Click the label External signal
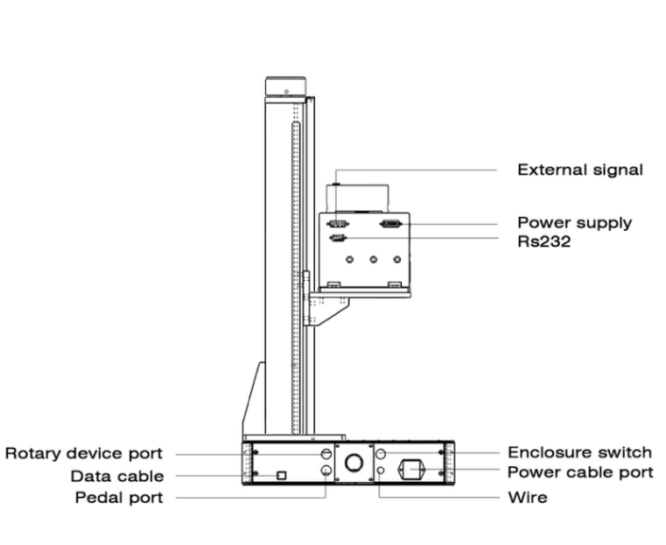click(x=579, y=170)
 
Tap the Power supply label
click(x=574, y=223)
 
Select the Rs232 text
click(x=543, y=241)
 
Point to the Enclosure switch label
click(x=579, y=452)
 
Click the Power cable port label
click(x=580, y=472)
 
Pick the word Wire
click(x=528, y=498)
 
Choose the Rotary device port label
click(x=84, y=453)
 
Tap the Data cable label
click(x=117, y=477)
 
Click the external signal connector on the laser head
click(x=339, y=225)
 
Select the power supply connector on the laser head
click(x=390, y=225)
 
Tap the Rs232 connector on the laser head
click(x=338, y=237)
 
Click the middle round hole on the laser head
click(x=374, y=260)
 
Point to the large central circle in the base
click(x=354, y=463)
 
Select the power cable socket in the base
click(x=411, y=471)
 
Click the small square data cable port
click(x=280, y=475)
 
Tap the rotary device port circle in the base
click(x=326, y=454)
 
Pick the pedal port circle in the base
click(x=326, y=472)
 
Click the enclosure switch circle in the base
click(x=382, y=454)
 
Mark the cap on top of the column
click(x=285, y=87)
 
